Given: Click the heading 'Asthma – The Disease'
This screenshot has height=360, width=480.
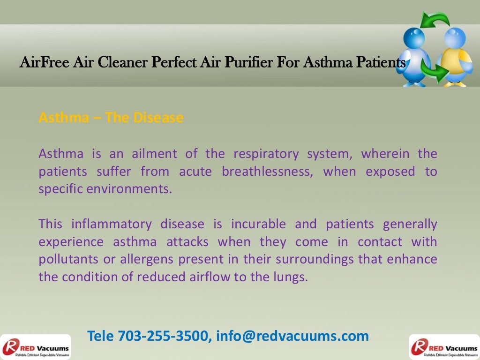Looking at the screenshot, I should pyautogui.click(x=111, y=118).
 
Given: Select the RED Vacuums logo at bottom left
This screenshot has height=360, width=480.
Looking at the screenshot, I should pyautogui.click(x=36, y=347).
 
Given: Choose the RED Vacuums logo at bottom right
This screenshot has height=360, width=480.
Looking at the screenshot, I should pyautogui.click(x=444, y=347).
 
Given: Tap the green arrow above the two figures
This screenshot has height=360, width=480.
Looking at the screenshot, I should pyautogui.click(x=435, y=21).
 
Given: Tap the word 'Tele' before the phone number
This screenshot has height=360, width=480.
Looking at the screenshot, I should pyautogui.click(x=101, y=336).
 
